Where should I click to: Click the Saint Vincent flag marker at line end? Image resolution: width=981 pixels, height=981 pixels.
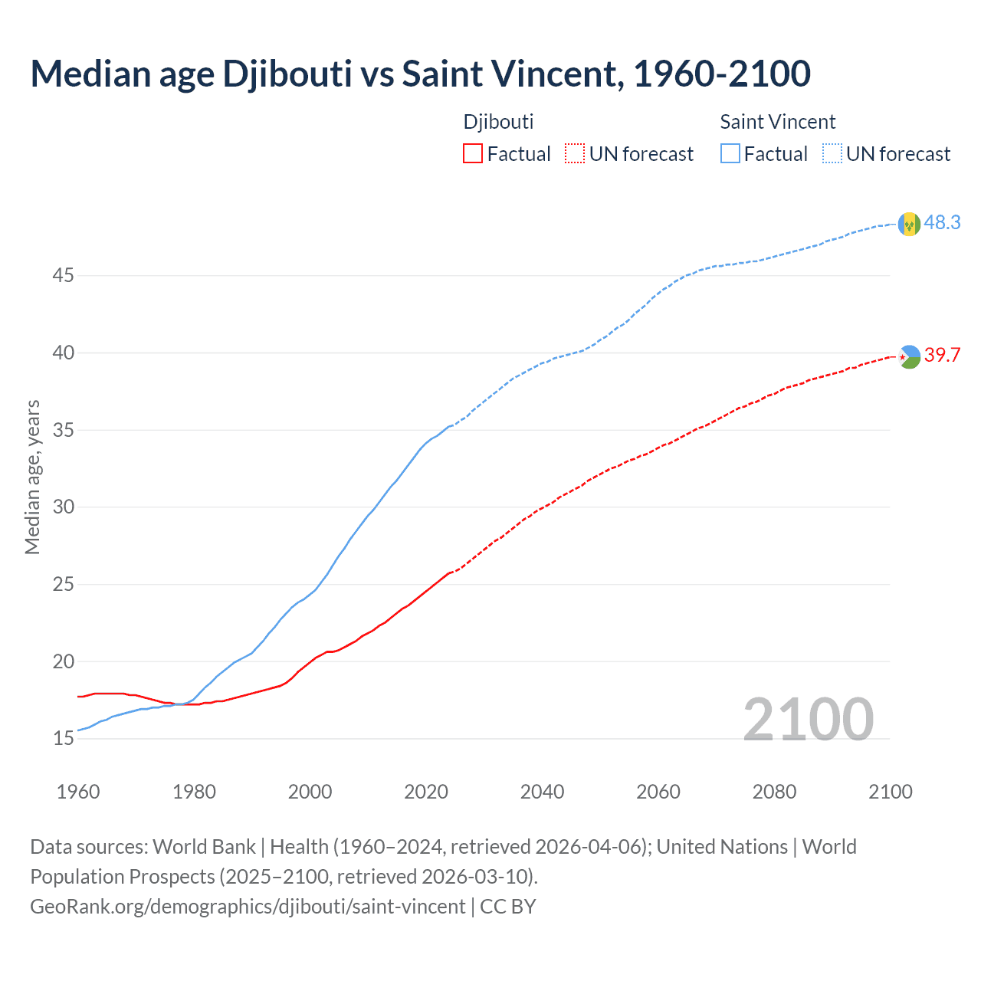coord(909,224)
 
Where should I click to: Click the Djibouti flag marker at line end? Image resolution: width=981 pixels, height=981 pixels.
coord(909,356)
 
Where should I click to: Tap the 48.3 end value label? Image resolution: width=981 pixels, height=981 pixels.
coord(942,223)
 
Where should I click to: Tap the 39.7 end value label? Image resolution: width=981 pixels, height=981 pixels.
coord(942,356)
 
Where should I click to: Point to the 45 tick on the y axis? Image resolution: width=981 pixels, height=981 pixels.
coord(63,275)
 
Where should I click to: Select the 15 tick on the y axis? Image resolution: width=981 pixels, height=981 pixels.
coord(63,739)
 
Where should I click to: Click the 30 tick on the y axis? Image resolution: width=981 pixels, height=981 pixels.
coord(63,507)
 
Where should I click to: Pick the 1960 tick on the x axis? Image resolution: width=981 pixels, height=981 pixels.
coord(78,792)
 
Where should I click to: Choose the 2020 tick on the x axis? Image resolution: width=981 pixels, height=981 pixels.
coord(426,792)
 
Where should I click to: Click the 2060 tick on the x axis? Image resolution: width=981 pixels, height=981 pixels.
coord(658,792)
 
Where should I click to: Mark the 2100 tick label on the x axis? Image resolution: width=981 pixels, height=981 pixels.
coord(891,792)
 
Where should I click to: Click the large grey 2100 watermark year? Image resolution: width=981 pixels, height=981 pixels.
coord(808,719)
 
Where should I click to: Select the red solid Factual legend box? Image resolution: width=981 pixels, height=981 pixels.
coord(473,154)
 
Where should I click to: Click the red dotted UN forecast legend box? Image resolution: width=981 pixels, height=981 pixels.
coord(575,154)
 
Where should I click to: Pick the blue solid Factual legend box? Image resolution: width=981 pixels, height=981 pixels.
coord(730,154)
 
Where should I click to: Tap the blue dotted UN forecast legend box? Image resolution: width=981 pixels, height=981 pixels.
coord(832,154)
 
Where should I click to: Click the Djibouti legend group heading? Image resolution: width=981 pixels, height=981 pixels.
coord(498,122)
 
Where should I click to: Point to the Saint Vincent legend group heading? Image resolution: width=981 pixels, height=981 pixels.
coord(777,122)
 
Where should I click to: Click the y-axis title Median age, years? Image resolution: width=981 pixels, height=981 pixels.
coord(32,477)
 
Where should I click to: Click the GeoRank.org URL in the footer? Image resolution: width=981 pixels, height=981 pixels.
coord(248,907)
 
